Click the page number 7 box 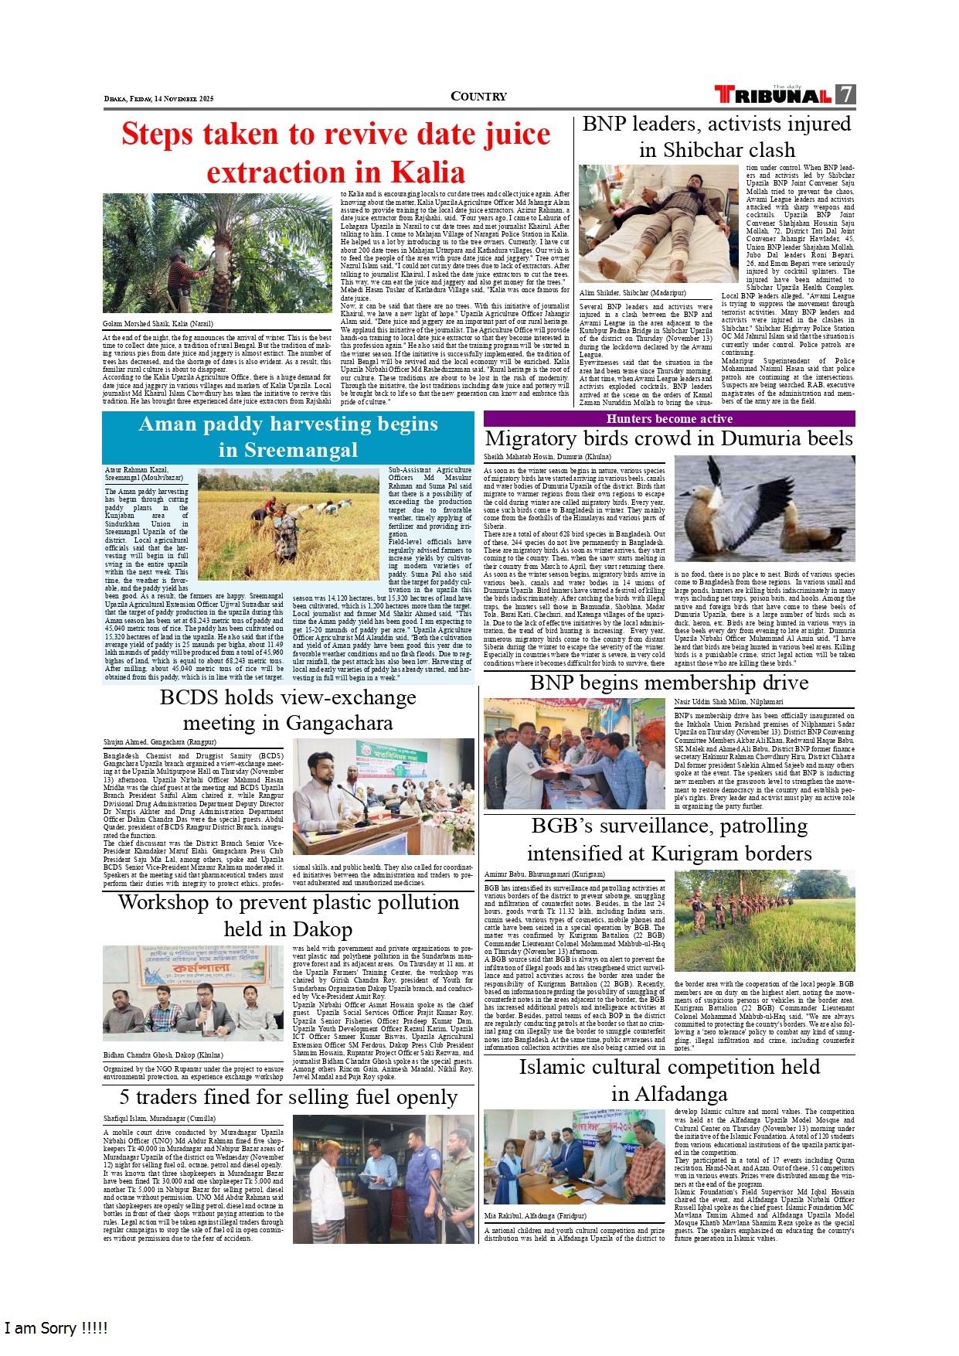[x=846, y=94]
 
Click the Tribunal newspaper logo [x=774, y=95]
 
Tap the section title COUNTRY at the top [x=478, y=97]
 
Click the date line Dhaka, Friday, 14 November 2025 [x=158, y=99]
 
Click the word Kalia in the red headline [x=427, y=172]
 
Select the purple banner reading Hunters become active [x=669, y=419]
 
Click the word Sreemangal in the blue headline [x=288, y=450]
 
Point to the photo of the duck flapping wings [x=764, y=508]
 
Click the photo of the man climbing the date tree [x=218, y=254]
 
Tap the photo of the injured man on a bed [x=658, y=223]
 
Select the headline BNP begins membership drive [x=669, y=683]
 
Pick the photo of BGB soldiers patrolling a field [x=764, y=921]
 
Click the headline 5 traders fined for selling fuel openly [x=288, y=1098]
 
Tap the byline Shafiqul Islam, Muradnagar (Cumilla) [x=159, y=1119]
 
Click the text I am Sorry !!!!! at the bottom [x=56, y=1328]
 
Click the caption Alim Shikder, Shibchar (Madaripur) [x=632, y=294]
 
